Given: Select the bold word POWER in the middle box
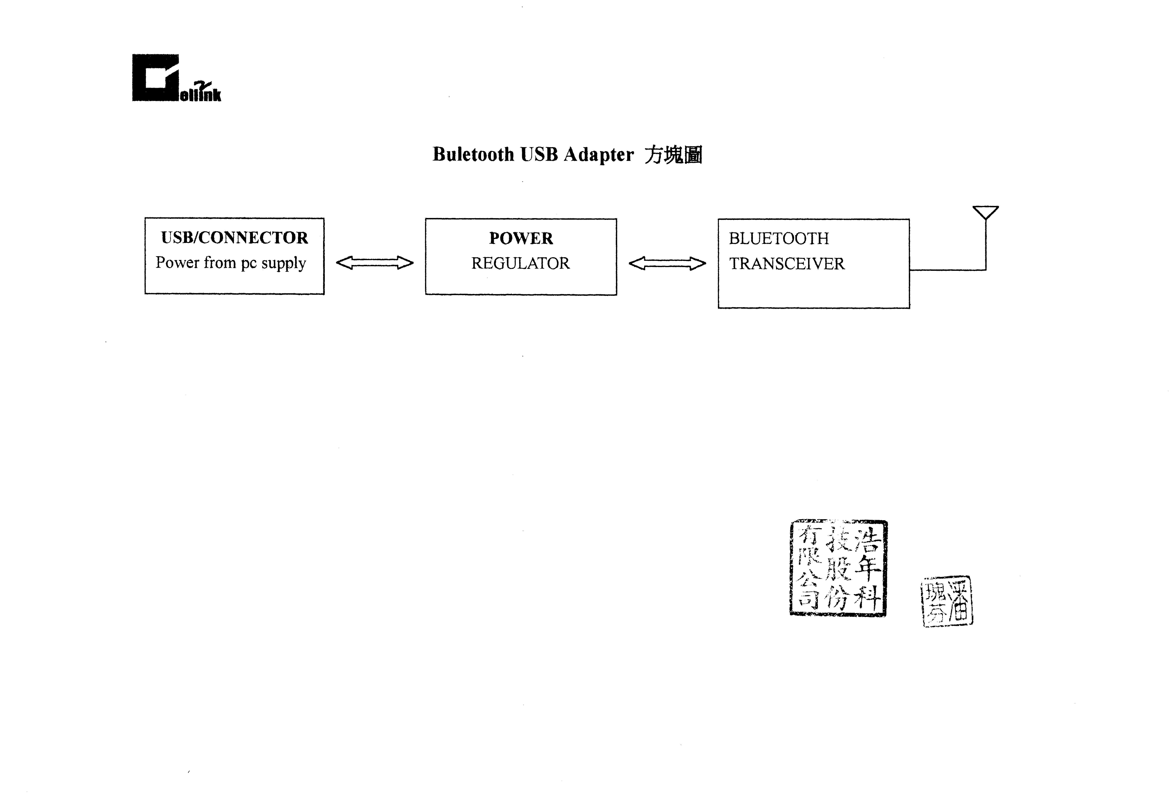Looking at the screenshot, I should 521,238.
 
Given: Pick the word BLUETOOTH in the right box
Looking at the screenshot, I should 779,239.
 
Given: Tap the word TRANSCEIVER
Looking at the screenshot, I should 787,264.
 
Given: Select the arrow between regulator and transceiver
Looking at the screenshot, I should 667,264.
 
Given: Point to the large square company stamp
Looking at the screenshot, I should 838,568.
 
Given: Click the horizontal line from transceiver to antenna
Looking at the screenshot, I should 947,270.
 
